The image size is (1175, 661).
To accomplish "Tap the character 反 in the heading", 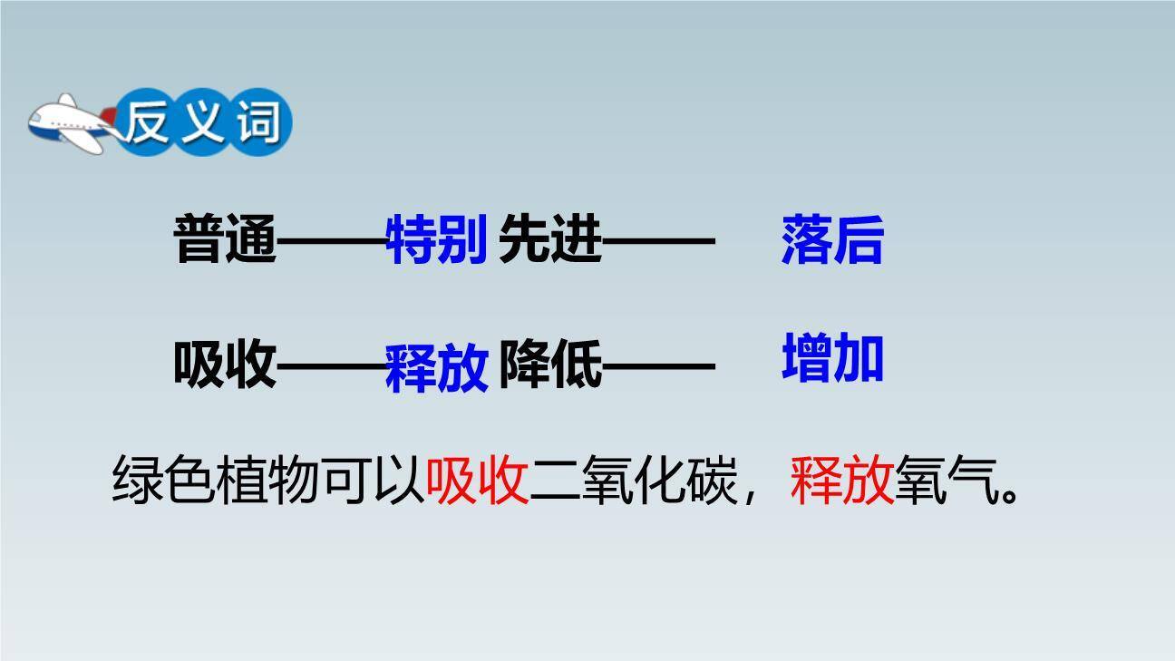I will pyautogui.click(x=150, y=122).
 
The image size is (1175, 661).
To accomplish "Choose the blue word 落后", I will pyautogui.click(x=831, y=240).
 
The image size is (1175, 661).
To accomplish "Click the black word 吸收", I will pyautogui.click(x=224, y=366).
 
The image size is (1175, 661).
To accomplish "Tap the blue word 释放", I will pyautogui.click(x=438, y=368).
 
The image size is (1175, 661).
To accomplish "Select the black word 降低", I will pyautogui.click(x=550, y=366).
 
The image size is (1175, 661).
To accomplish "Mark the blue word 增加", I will pyautogui.click(x=832, y=358).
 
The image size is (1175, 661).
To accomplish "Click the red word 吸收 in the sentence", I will pyautogui.click(x=478, y=481).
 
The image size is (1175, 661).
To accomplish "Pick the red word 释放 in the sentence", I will pyautogui.click(x=842, y=481).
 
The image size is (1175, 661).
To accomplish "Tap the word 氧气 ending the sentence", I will pyautogui.click(x=947, y=481).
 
